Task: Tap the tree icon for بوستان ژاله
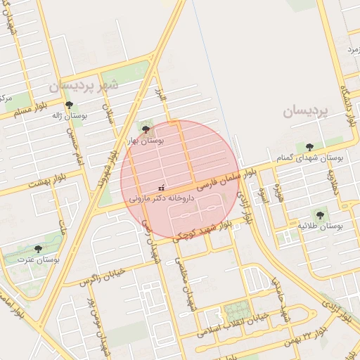point(69,105)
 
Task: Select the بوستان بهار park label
point(145,141)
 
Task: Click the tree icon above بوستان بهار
point(146,129)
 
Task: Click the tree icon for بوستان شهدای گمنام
point(309,147)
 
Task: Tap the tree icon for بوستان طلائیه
point(320,215)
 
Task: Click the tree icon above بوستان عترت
point(38,248)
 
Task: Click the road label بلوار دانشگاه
point(345,106)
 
